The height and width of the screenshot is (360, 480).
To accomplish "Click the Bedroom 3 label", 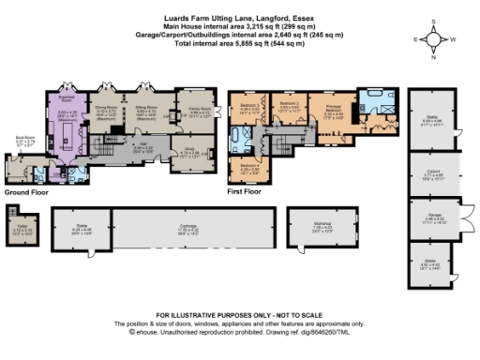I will [x=247, y=106].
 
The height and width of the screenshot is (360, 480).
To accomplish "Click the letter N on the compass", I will [x=433, y=56].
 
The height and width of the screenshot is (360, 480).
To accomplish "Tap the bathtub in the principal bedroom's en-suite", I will [x=372, y=97].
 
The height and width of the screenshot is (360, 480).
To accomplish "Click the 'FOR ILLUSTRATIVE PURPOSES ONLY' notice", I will [x=239, y=314].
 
